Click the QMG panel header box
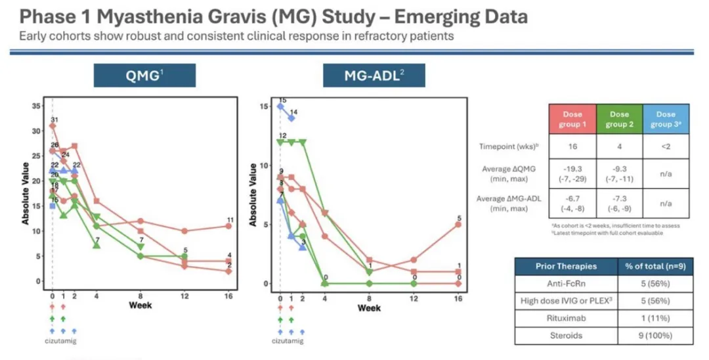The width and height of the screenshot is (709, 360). tap(144, 75)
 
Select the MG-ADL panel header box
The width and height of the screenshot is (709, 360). tap(374, 75)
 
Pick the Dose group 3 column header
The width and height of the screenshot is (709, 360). tap(665, 120)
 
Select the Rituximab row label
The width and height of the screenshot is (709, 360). tap(567, 317)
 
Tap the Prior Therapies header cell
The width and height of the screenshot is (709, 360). tap(567, 266)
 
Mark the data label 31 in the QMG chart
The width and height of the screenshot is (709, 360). tap(54, 120)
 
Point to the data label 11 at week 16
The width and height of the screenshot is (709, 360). tap(230, 220)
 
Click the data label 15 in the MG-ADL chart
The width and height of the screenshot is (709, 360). tap(282, 101)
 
